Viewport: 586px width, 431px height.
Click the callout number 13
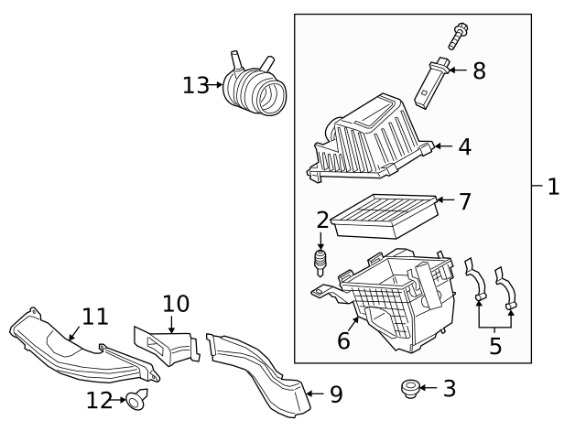tap(195, 85)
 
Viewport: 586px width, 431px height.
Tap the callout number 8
tap(479, 70)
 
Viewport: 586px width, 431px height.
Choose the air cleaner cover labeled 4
tap(371, 141)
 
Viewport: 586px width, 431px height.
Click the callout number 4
tap(464, 146)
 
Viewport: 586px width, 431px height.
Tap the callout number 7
tap(464, 201)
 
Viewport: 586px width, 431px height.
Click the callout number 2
tap(322, 220)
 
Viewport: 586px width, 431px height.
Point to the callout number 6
tap(343, 340)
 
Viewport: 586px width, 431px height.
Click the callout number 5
tap(495, 345)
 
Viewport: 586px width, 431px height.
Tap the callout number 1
tap(552, 187)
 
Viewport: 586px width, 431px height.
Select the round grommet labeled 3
tap(408, 389)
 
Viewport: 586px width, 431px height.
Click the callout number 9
tap(335, 394)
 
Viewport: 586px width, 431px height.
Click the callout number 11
tap(95, 317)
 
